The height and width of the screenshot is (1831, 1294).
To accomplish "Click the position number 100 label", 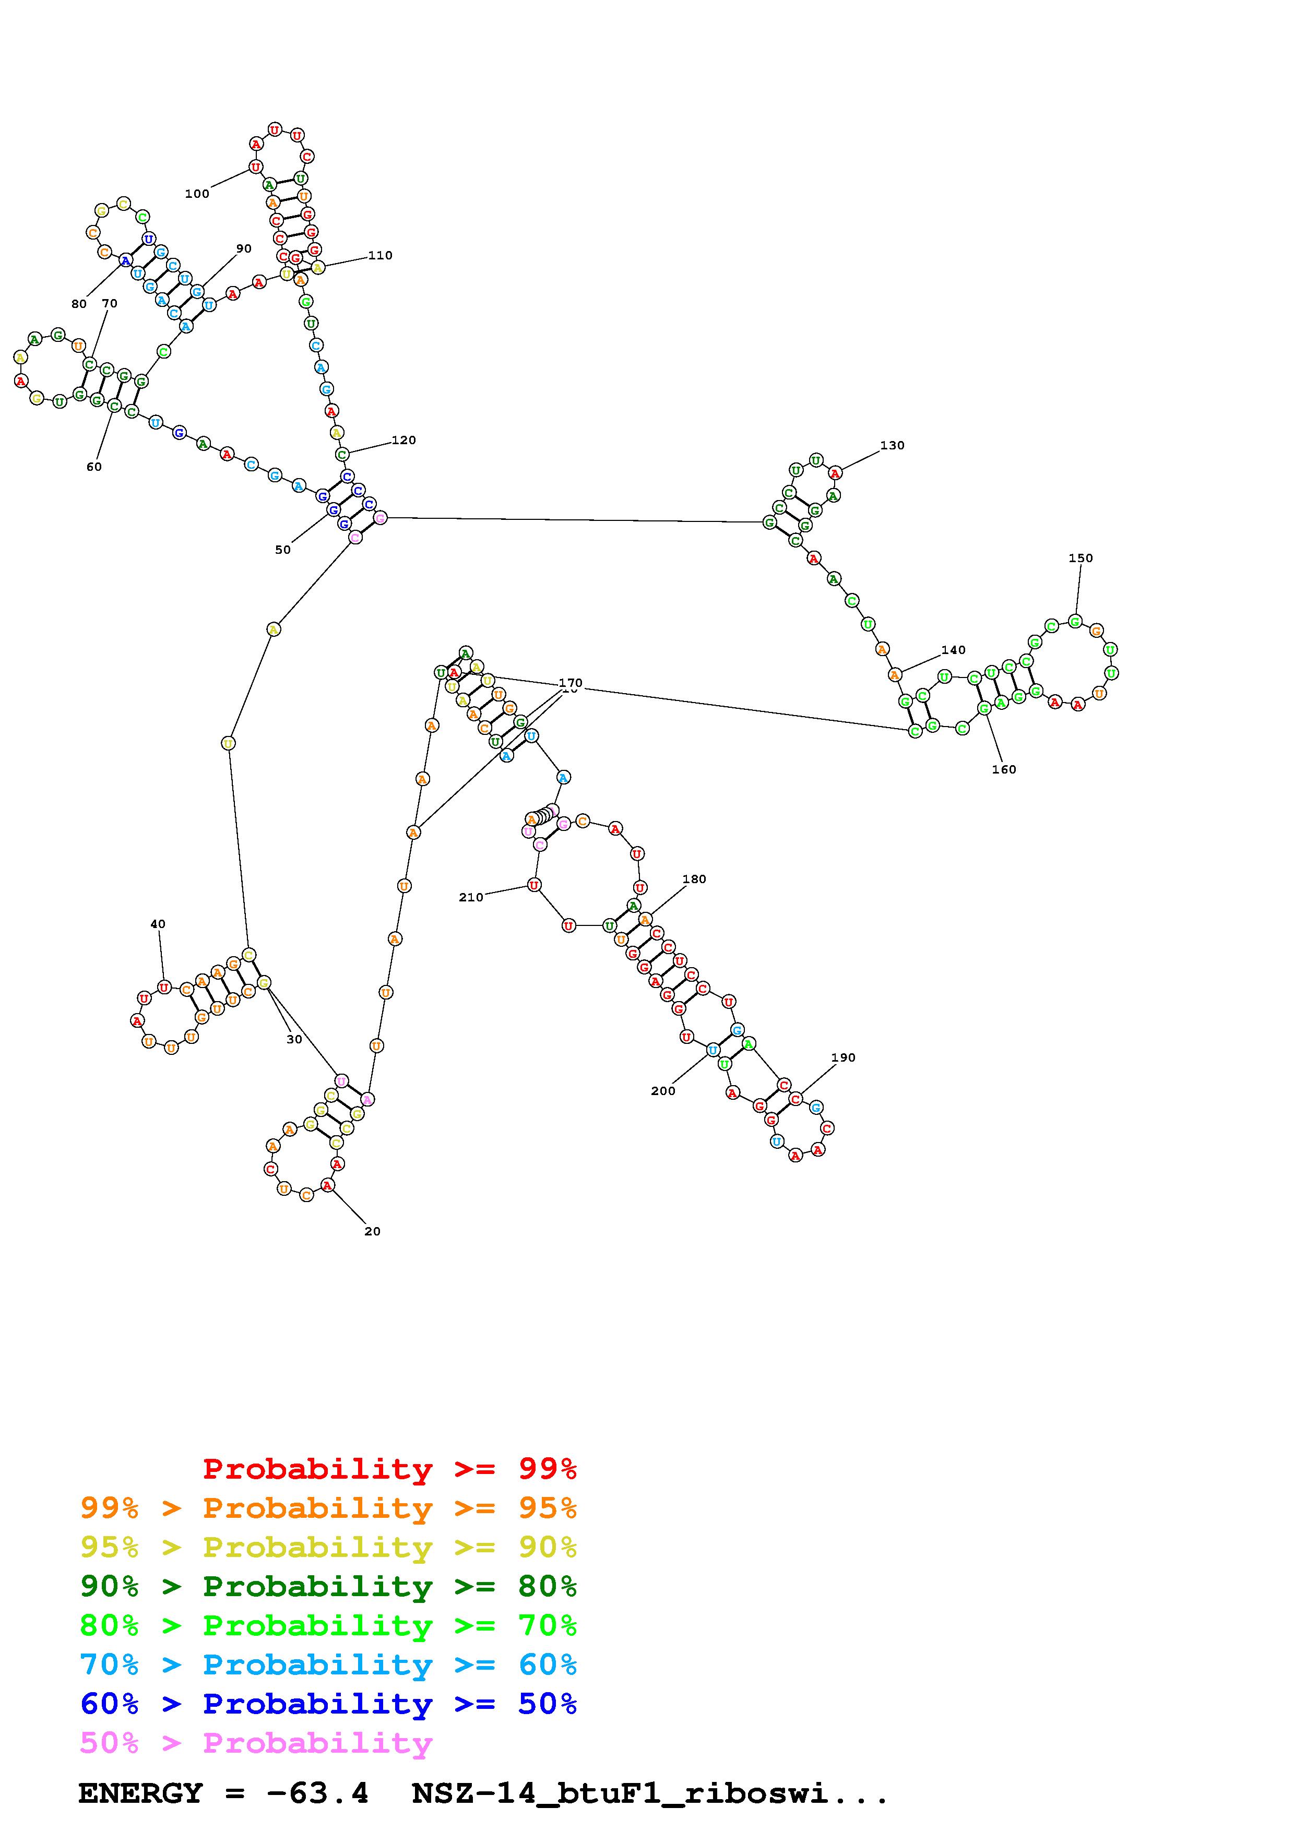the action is [197, 194].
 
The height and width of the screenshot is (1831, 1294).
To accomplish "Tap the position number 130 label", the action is [892, 446].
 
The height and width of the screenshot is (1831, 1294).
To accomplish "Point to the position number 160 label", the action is [1004, 769].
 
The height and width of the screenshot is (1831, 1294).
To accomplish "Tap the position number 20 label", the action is [372, 1231].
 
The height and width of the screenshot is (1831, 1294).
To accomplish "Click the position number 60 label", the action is [94, 467].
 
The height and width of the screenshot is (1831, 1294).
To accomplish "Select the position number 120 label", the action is [403, 440].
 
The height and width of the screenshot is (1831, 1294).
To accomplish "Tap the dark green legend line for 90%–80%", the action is [328, 1586].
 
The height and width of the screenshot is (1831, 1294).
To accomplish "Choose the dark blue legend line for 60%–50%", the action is [328, 1704].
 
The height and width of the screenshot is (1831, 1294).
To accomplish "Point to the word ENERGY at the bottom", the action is [140, 1793].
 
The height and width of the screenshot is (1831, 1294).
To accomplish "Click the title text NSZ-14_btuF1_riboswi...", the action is [650, 1793].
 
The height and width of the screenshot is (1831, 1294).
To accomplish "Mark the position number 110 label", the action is [381, 256].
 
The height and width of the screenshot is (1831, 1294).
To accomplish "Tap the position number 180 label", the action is [694, 879].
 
